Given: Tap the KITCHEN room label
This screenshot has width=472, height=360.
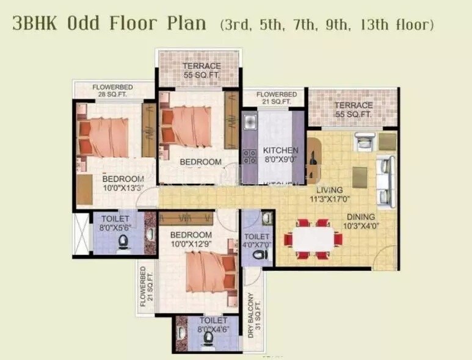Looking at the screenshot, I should coord(280,150).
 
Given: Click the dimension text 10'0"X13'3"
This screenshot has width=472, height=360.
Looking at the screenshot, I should coord(123,188).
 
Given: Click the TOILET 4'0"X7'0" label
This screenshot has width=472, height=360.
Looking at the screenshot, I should coord(257,240).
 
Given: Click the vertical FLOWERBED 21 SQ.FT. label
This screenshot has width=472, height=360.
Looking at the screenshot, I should coord(146,289).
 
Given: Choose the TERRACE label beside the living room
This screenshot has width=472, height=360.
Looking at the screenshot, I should coord(353,109).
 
